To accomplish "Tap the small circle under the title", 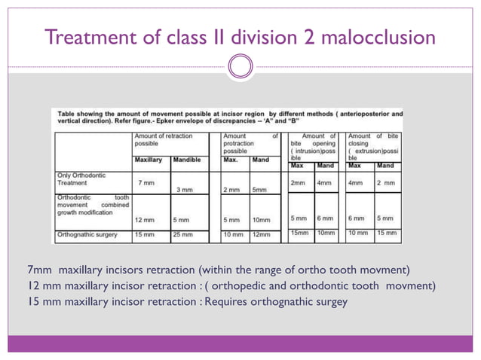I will pos(240,67).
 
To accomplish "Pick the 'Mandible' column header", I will pos(186,160).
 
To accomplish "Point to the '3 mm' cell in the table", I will pos(183,190).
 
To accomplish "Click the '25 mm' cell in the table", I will pos(184,234).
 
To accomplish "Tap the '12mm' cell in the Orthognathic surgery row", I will pos(262,234).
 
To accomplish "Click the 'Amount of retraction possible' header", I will pos(163,140).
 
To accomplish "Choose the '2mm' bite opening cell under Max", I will pos(299,183).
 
